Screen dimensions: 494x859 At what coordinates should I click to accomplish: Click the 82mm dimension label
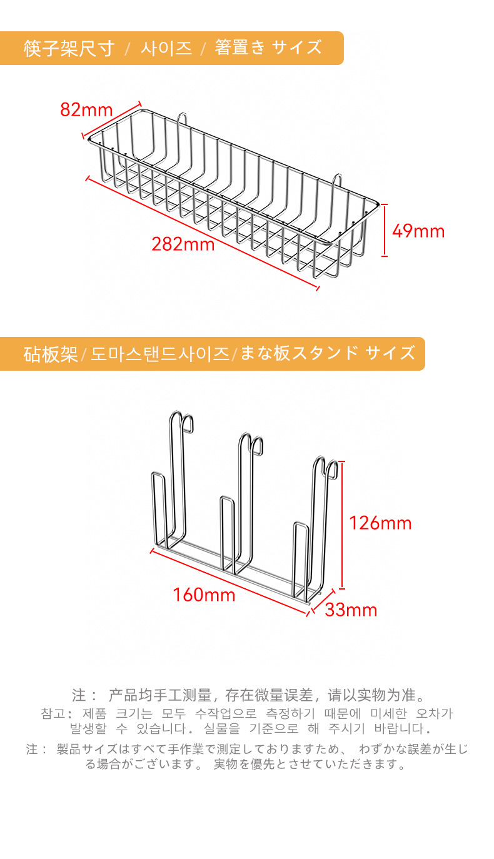86,110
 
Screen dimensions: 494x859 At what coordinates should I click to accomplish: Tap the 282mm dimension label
183,244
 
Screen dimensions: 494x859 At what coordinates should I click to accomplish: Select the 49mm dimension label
418,231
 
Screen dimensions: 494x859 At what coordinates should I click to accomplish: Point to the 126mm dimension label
380,523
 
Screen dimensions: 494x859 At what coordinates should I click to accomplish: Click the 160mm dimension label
204,595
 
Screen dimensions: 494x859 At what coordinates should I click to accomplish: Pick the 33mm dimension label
351,610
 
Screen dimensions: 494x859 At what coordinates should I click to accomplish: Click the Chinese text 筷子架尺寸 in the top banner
69,48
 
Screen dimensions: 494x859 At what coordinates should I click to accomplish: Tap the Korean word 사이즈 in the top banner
166,48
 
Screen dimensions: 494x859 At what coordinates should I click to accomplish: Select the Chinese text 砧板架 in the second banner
51,354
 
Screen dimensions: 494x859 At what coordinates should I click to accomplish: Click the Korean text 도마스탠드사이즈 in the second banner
160,354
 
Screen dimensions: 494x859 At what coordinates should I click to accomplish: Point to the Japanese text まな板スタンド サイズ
327,353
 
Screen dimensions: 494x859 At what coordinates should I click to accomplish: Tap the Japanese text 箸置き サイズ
268,48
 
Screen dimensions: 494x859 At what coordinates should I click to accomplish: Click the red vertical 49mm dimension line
385,229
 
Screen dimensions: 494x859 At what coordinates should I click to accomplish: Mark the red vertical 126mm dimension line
342,525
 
